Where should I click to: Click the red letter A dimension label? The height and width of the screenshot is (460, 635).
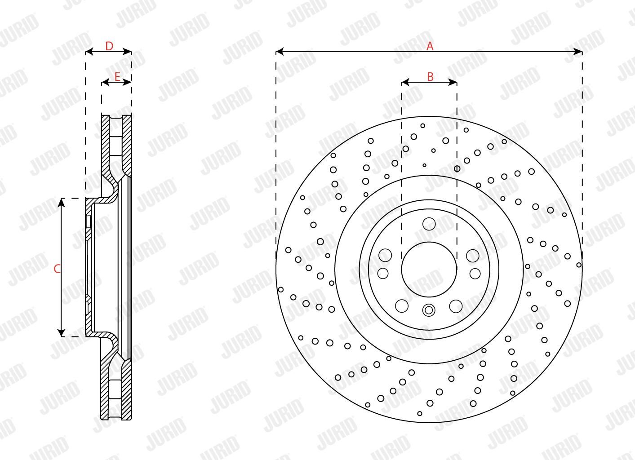click(x=430, y=46)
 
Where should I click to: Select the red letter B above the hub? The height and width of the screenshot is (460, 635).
click(x=431, y=76)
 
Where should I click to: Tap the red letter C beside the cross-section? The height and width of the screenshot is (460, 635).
click(x=57, y=269)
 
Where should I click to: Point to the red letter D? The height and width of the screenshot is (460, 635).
click(x=109, y=46)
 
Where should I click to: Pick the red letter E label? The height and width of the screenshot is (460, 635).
click(x=117, y=76)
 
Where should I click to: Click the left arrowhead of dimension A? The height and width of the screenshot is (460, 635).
click(x=280, y=52)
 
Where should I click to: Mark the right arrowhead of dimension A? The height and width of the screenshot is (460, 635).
click(x=578, y=52)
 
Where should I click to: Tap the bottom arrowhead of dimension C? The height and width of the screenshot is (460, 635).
click(x=62, y=332)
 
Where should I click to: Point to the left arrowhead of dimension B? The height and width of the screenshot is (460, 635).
click(x=405, y=83)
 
